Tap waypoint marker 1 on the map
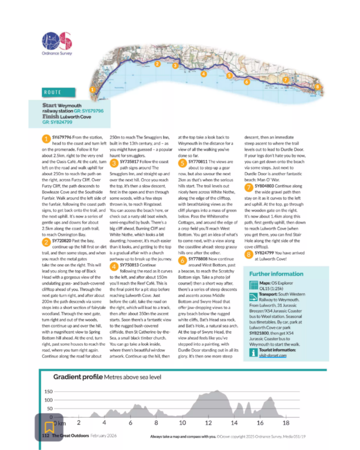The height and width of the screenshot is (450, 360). (92, 90)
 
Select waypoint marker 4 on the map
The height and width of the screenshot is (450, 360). (204, 74)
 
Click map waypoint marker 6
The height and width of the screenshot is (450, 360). (247, 81)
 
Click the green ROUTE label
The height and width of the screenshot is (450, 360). (52, 92)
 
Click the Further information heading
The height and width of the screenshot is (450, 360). (276, 274)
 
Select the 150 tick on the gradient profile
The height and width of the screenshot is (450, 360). (49, 392)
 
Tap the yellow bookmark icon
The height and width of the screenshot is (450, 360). (49, 426)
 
